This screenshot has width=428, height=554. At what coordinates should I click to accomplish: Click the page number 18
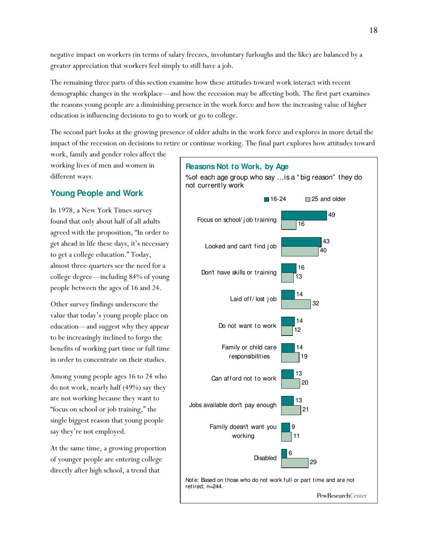click(x=373, y=31)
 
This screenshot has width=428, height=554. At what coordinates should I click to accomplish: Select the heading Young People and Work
click(x=96, y=193)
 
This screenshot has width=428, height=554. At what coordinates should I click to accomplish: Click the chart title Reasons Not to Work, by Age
click(x=237, y=167)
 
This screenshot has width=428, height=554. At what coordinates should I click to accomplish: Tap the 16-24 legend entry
click(x=275, y=199)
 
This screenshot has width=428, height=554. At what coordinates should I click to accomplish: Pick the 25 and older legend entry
click(x=325, y=199)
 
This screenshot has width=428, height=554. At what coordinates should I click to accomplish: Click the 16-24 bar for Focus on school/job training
click(x=304, y=215)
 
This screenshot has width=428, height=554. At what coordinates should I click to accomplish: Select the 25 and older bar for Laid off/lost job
click(x=296, y=304)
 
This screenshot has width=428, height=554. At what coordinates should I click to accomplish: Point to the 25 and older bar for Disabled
click(x=295, y=462)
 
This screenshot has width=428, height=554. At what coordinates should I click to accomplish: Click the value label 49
click(x=332, y=215)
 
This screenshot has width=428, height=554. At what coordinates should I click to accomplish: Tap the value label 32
click(x=316, y=304)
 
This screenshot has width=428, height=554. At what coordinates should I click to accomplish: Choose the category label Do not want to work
click(x=247, y=326)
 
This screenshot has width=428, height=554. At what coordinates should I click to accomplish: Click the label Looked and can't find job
click(x=241, y=246)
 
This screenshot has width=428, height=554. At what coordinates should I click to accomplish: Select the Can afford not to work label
click(x=244, y=378)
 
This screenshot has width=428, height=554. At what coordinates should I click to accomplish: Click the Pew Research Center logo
click(x=341, y=495)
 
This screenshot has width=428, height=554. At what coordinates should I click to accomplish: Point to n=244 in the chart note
click(x=214, y=486)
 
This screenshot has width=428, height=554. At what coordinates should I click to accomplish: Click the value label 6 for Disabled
click(x=291, y=454)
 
